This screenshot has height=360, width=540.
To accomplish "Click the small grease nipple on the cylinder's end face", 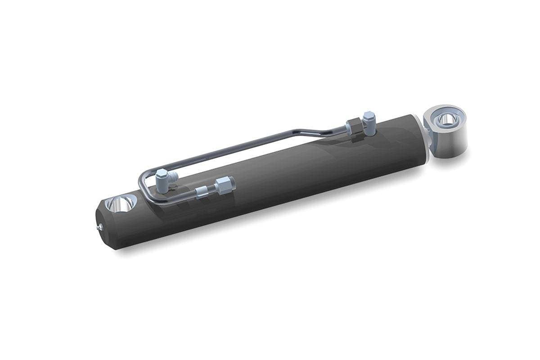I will coord(100,229).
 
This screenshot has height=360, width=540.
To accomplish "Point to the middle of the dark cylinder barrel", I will coord(270,180).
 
